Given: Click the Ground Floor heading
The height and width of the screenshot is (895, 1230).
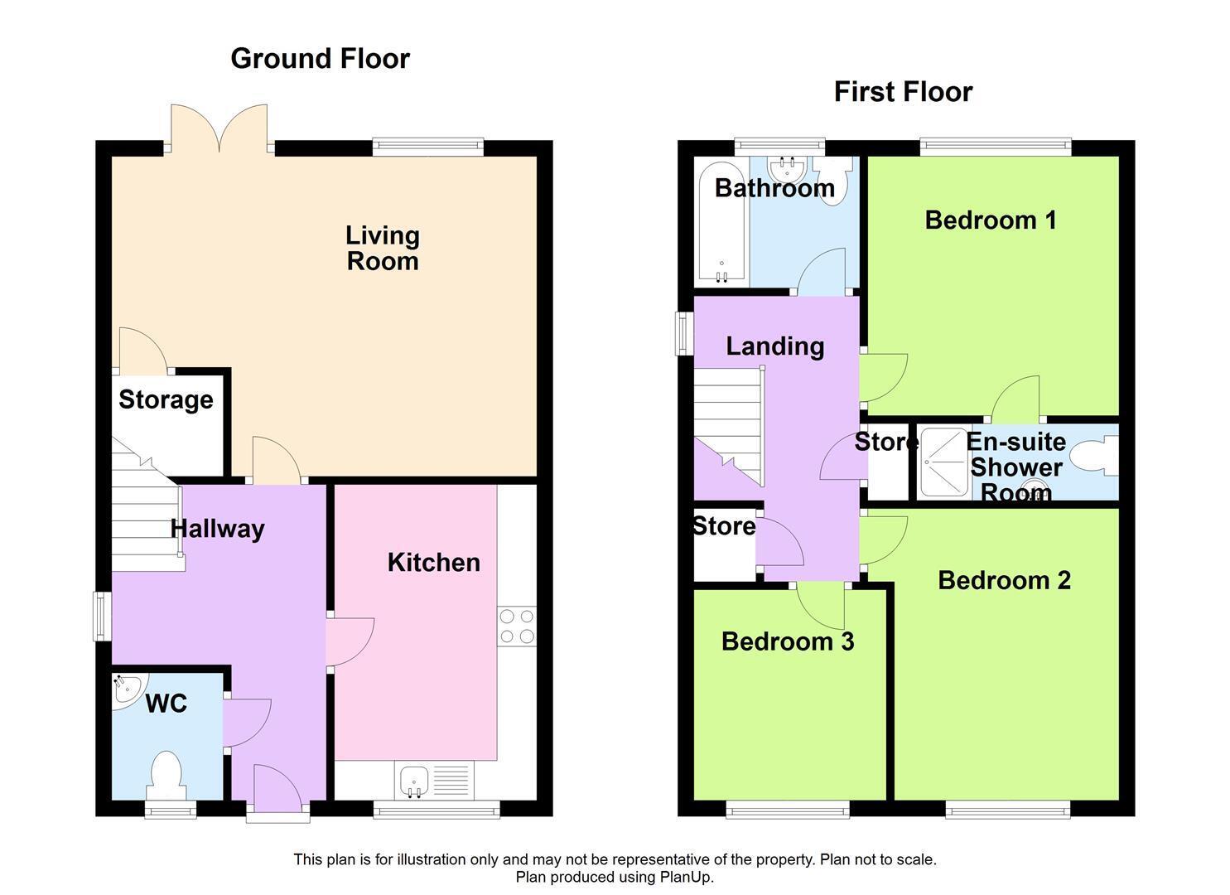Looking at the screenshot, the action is [x=320, y=59].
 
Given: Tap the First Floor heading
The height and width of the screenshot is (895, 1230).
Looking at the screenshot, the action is [x=904, y=92].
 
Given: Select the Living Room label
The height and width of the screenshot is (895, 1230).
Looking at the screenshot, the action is [x=383, y=249].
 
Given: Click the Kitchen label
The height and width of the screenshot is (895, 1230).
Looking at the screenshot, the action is [x=434, y=563].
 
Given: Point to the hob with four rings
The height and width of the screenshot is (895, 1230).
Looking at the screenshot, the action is [x=517, y=626].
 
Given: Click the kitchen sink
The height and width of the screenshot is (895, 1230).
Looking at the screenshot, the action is [x=434, y=781].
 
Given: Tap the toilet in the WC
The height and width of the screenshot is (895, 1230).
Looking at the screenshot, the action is [x=166, y=776].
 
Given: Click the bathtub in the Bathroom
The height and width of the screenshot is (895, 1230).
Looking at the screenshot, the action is [x=721, y=224].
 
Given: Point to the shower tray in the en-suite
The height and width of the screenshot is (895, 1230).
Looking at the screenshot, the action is [x=944, y=463].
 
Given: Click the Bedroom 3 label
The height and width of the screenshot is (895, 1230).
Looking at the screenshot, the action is [x=788, y=641].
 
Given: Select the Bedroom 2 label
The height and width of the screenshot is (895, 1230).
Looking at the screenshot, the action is [x=1005, y=581].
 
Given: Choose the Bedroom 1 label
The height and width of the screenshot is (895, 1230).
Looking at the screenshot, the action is [x=991, y=220].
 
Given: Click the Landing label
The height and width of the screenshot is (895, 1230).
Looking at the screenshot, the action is [x=775, y=346].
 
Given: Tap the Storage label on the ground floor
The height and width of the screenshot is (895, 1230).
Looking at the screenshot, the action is [x=166, y=400].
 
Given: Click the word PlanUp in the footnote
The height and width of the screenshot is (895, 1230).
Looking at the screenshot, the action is [x=686, y=878].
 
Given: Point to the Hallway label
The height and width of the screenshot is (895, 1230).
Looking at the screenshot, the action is [x=218, y=530].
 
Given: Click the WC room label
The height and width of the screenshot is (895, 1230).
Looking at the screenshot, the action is [x=166, y=704].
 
